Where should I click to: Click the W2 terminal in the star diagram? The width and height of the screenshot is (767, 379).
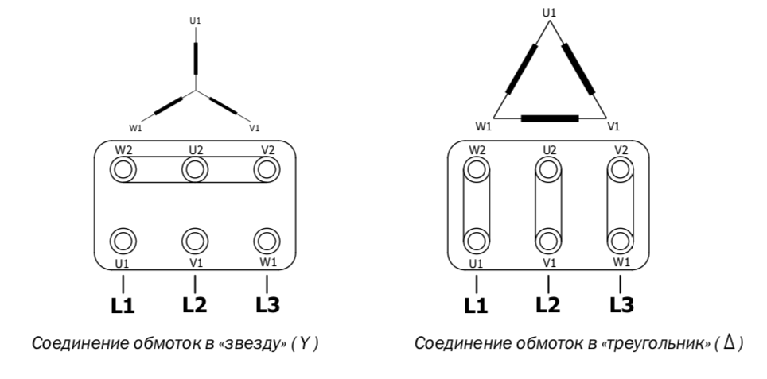tap(123, 169)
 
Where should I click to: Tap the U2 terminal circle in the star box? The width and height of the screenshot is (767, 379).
tap(195, 169)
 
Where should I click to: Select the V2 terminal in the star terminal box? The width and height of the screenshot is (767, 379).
tap(267, 169)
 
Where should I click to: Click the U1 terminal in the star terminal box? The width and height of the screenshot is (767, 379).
tap(123, 241)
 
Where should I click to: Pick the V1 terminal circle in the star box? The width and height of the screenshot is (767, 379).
tap(195, 241)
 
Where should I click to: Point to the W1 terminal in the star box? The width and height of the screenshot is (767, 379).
tap(267, 241)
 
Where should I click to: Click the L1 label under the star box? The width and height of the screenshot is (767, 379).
tap(123, 306)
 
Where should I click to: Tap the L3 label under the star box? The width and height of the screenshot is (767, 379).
tap(267, 305)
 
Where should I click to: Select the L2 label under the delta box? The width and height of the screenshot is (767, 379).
tap(548, 305)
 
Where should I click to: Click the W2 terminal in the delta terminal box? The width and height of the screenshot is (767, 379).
tap(477, 169)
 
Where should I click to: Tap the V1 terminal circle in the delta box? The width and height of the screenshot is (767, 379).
tap(548, 241)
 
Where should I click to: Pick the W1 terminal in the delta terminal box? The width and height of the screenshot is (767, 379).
tap(621, 241)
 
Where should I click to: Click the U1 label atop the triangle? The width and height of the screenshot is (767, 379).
tap(549, 13)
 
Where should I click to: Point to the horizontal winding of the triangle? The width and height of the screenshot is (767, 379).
tap(550, 118)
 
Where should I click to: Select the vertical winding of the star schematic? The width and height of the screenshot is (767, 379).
tap(196, 59)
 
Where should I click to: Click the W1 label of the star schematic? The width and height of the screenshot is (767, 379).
tap(135, 128)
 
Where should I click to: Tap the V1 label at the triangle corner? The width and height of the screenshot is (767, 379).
tap(613, 126)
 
